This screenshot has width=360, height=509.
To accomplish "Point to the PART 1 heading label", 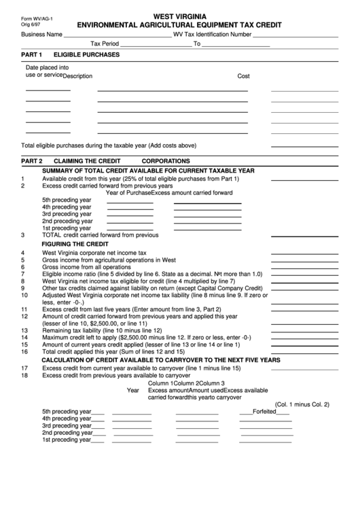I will pyautogui.click(x=32, y=54).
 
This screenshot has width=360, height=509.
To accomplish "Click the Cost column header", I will pyautogui.click(x=243, y=76).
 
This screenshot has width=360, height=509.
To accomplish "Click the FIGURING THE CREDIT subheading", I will pyautogui.click(x=75, y=243).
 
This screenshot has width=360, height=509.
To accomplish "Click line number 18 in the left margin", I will pyautogui.click(x=24, y=374).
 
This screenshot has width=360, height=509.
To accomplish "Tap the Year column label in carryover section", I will pyautogui.click(x=133, y=391).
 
